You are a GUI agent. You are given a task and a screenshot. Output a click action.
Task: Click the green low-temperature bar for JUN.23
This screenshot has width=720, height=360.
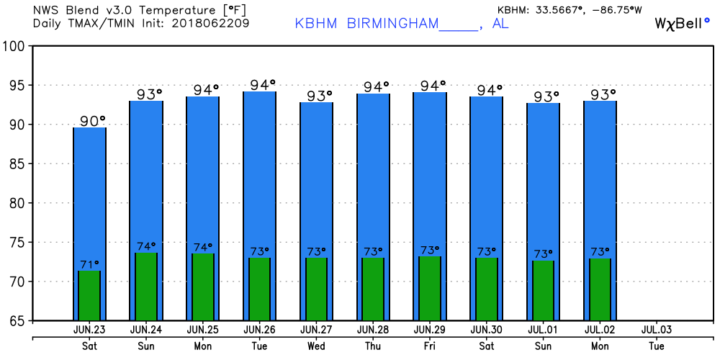point(89,295)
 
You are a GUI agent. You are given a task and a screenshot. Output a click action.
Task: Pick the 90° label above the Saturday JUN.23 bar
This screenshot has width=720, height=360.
point(92,120)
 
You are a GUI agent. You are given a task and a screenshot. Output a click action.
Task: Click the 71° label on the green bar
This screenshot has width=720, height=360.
point(89,264)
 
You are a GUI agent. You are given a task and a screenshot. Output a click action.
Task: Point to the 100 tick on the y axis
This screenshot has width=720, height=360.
point(15,46)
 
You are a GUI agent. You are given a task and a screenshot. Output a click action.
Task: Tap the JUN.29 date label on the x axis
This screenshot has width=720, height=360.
point(430,330)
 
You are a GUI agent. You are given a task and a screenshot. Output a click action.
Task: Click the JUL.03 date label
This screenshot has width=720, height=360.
point(656,330)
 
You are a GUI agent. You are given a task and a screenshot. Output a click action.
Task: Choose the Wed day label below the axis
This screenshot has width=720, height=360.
point(316,345)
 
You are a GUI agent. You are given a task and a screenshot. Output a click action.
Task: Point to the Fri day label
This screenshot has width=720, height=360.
point(430,345)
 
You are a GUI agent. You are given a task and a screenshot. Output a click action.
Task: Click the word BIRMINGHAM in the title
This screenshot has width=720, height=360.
point(392,23)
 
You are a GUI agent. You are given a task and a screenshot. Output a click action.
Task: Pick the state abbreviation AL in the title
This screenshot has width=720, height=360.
point(500,23)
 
